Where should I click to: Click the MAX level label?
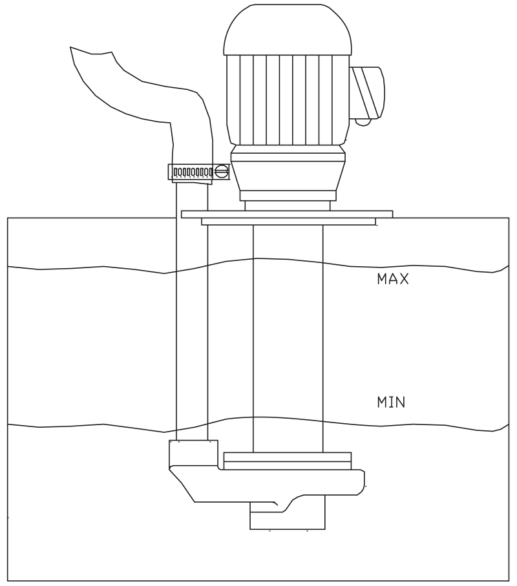(393, 279)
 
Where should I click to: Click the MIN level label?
(391, 402)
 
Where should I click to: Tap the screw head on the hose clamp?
(222, 172)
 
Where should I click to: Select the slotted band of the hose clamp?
(193, 173)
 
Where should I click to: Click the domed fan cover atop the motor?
(288, 30)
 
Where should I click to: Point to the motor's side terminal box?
(367, 92)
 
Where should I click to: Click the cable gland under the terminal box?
(363, 122)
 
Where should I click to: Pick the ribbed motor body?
(288, 99)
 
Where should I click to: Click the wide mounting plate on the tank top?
(287, 214)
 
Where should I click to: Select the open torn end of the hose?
(92, 51)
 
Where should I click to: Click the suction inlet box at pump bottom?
(288, 516)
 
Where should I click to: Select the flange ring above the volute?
(287, 461)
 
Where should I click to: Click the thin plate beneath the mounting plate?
(289, 222)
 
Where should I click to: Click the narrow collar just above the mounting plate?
(288, 205)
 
